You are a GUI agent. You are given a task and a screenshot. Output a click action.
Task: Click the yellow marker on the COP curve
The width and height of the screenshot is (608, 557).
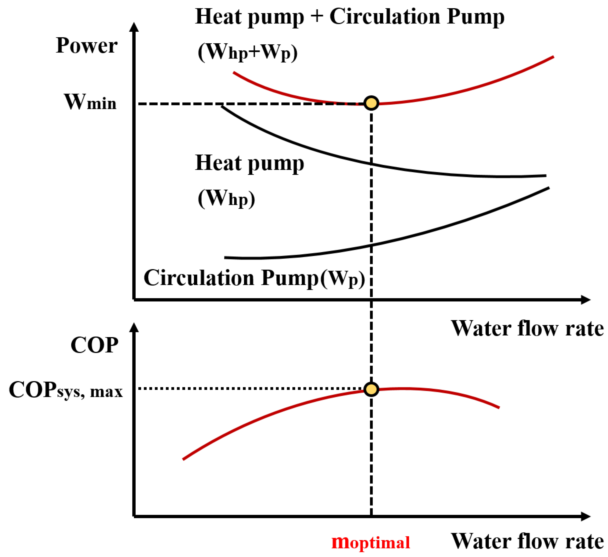coord(371,389)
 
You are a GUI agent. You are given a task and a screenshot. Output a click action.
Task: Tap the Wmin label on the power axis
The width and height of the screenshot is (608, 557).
coord(90,102)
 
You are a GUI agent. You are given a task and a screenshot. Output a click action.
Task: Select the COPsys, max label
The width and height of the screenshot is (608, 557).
coord(66,390)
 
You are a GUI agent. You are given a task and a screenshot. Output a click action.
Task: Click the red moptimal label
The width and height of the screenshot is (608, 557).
coord(371,542)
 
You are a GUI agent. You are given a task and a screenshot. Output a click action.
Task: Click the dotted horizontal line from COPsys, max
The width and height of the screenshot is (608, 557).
coord(250,389)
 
